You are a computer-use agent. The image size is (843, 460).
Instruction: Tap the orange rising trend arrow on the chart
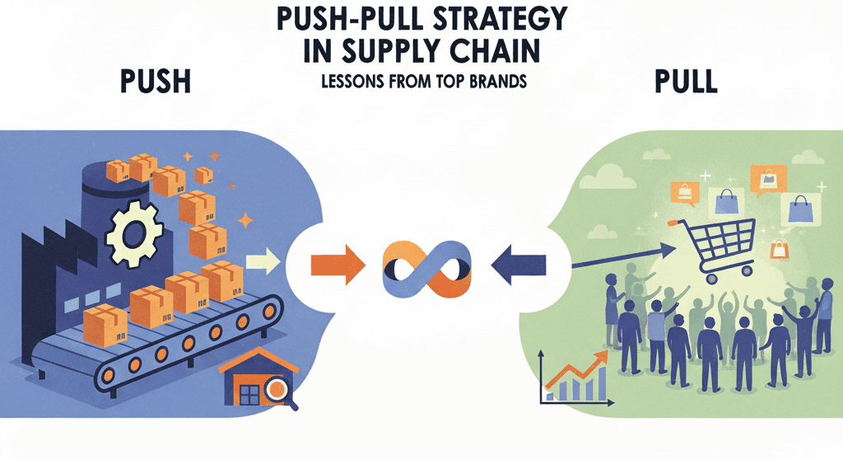click(576, 368)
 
